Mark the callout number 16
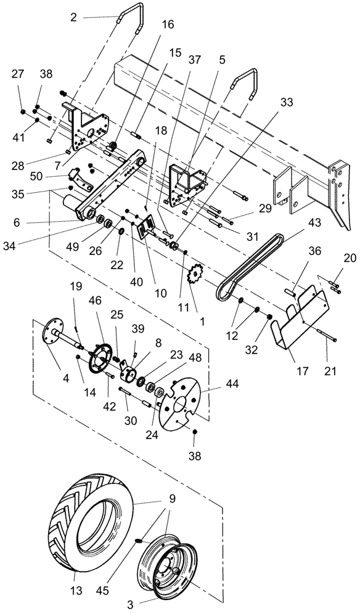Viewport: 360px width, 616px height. pyautogui.click(x=168, y=25)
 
